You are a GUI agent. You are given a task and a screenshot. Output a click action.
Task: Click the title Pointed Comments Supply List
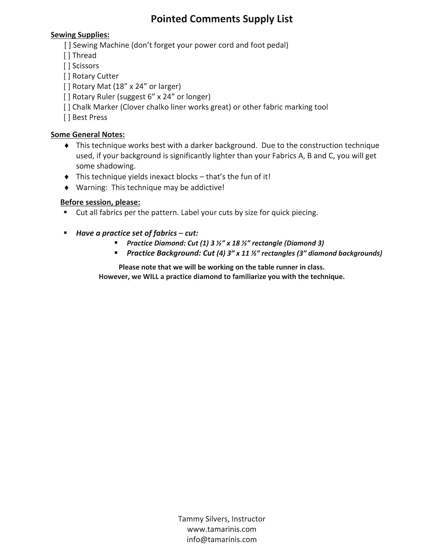tap(221, 19)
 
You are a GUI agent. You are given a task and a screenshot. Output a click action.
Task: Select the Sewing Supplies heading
tap(80, 35)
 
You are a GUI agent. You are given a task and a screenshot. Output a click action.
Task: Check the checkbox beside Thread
tap(67, 56)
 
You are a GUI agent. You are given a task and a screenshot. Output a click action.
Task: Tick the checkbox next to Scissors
tap(67, 66)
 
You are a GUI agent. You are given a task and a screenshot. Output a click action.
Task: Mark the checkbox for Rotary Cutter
tap(67, 76)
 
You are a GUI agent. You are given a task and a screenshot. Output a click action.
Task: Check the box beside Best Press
tap(67, 118)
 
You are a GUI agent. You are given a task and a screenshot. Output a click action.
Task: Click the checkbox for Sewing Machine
tap(68, 45)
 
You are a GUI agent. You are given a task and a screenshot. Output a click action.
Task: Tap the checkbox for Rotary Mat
tap(67, 86)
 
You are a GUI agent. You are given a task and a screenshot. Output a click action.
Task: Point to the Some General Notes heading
tap(88, 134)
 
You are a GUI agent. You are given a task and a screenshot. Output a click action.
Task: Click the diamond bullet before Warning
tap(67, 187)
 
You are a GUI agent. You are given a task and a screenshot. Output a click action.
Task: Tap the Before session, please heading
tap(100, 202)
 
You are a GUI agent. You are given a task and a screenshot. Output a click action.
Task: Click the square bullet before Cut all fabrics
tap(65, 212)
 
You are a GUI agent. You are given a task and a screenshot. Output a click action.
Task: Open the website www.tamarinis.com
tap(221, 529)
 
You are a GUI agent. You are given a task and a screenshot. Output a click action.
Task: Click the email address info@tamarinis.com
tap(221, 539)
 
